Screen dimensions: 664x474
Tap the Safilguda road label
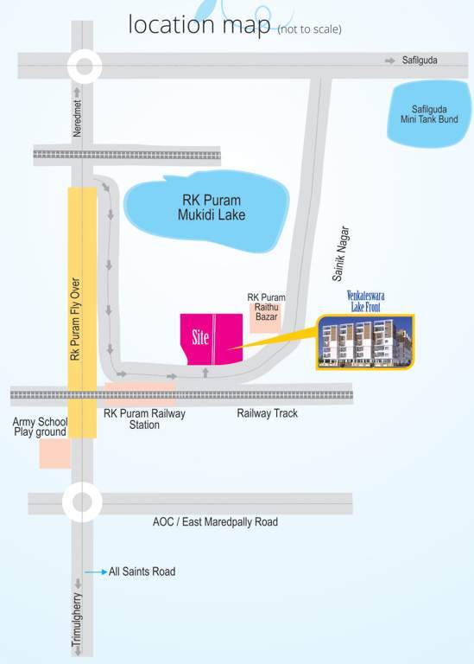pyautogui.click(x=420, y=61)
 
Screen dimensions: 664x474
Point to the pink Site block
pyautogui.click(x=210, y=339)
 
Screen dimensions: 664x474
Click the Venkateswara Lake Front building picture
pyautogui.click(x=364, y=342)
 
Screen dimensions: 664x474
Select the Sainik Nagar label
pyautogui.click(x=341, y=254)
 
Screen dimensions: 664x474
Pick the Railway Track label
pyautogui.click(x=267, y=413)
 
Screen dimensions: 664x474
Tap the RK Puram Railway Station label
pyautogui.click(x=144, y=419)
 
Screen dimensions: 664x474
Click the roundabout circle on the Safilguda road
pyautogui.click(x=84, y=66)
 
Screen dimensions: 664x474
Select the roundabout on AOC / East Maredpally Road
pyautogui.click(x=82, y=502)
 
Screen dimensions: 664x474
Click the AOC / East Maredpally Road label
pyautogui.click(x=215, y=522)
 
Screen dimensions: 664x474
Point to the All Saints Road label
pyautogui.click(x=142, y=571)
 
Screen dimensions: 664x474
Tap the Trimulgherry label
pyautogui.click(x=77, y=619)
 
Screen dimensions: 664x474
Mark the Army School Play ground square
pyautogui.click(x=54, y=453)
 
